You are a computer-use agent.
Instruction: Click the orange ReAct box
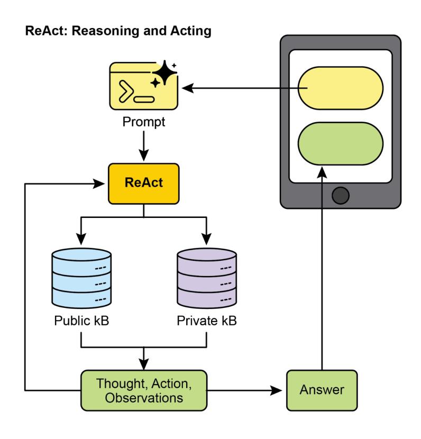(143, 184)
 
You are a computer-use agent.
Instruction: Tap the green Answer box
(322, 390)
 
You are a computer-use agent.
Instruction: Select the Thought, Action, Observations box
(143, 390)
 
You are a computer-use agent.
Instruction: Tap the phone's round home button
(341, 196)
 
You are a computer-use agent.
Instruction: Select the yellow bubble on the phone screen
(341, 87)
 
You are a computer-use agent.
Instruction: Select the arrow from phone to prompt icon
(238, 88)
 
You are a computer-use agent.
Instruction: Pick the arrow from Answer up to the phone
(322, 264)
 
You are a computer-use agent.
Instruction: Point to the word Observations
(143, 398)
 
